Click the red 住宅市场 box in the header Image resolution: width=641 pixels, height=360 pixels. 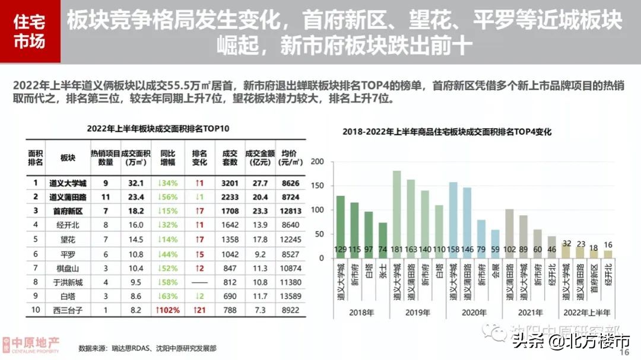point(30,32)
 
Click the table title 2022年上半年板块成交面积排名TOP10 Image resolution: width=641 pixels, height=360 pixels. point(158,128)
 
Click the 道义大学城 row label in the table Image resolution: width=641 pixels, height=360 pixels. point(68,183)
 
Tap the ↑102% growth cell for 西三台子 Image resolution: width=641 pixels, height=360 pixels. point(168,310)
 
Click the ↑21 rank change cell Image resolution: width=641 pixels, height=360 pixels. point(199,310)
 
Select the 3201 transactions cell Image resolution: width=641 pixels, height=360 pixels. point(230,183)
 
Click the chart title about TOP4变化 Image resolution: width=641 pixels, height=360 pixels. point(447,132)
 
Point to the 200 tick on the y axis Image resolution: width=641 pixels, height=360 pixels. point(318,162)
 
